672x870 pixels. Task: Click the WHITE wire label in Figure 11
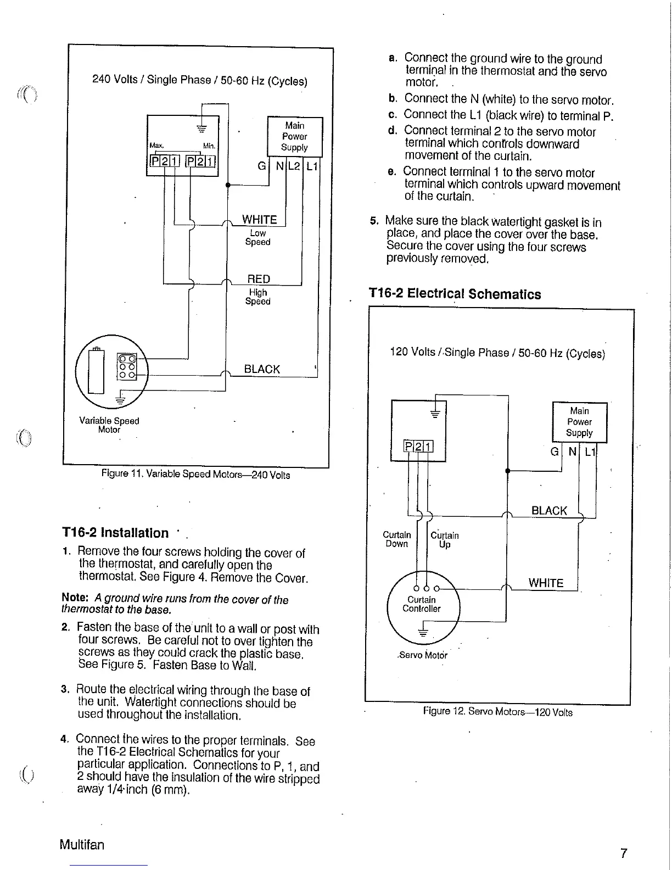(260, 220)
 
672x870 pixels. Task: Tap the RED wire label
(259, 279)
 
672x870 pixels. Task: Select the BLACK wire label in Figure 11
(262, 369)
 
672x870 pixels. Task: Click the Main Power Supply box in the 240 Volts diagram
(294, 136)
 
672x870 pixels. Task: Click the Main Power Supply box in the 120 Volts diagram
(579, 422)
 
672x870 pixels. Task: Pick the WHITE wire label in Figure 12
(546, 583)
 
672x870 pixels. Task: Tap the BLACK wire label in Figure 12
(549, 511)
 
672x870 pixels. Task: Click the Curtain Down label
(396, 539)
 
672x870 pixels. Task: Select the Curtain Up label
(444, 540)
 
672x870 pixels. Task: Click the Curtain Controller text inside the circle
(422, 604)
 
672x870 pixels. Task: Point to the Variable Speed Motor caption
(109, 425)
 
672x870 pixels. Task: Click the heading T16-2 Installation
(115, 533)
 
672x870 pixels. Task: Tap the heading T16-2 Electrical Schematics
(455, 294)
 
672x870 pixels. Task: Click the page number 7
(623, 853)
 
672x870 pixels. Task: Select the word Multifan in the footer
(82, 844)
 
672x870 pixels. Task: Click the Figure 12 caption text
(497, 712)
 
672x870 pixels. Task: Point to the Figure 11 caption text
(195, 475)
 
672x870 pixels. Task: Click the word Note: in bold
(75, 598)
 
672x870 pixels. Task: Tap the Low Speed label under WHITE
(257, 238)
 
